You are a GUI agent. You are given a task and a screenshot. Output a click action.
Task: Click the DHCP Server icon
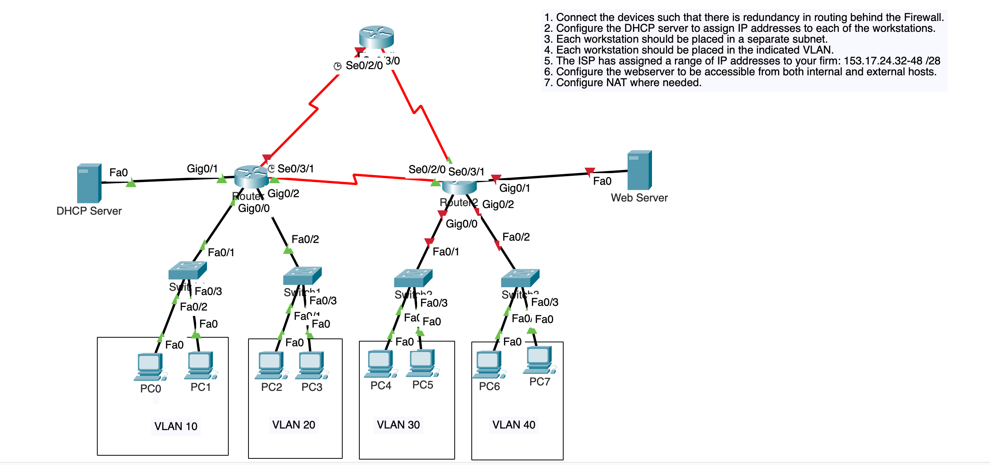click(89, 183)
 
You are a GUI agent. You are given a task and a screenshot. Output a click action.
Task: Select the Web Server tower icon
click(639, 170)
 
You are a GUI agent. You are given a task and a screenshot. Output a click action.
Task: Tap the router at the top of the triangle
click(376, 37)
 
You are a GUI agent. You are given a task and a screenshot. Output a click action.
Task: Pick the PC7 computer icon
click(539, 360)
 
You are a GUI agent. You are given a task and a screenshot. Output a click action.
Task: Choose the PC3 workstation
click(311, 365)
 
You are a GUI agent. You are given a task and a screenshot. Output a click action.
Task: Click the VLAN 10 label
click(176, 426)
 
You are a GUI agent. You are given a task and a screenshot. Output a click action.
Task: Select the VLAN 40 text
click(514, 425)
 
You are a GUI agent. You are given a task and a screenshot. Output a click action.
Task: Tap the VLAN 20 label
click(293, 425)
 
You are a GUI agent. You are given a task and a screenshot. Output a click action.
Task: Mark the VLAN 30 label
click(398, 425)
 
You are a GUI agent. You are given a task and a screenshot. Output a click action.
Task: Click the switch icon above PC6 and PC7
click(520, 278)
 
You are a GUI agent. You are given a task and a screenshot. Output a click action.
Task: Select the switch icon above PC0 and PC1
click(187, 270)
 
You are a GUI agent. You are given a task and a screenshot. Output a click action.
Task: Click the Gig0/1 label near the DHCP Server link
click(202, 168)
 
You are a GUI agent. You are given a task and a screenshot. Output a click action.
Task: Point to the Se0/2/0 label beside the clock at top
click(364, 65)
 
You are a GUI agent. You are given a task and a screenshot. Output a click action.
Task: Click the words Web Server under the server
click(639, 198)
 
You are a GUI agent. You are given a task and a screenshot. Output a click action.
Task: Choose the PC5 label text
click(423, 385)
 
